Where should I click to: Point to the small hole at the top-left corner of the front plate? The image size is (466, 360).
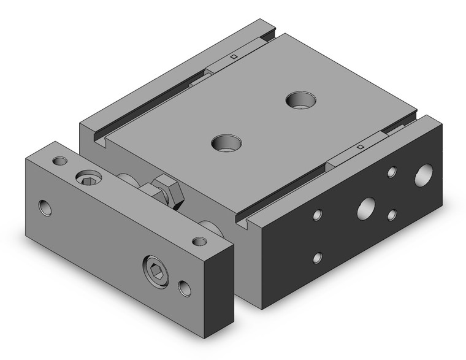click(x=59, y=161)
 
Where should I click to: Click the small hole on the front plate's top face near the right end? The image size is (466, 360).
click(x=199, y=241)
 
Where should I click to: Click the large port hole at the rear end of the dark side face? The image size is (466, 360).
click(x=424, y=175)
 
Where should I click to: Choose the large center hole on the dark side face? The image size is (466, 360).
click(x=367, y=207)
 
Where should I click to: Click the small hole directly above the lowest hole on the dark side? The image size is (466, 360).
click(x=317, y=215)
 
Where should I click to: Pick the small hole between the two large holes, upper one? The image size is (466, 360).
click(x=392, y=172)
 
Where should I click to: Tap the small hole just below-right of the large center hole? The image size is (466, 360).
click(x=392, y=214)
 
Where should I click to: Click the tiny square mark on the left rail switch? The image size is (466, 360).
click(x=234, y=57)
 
